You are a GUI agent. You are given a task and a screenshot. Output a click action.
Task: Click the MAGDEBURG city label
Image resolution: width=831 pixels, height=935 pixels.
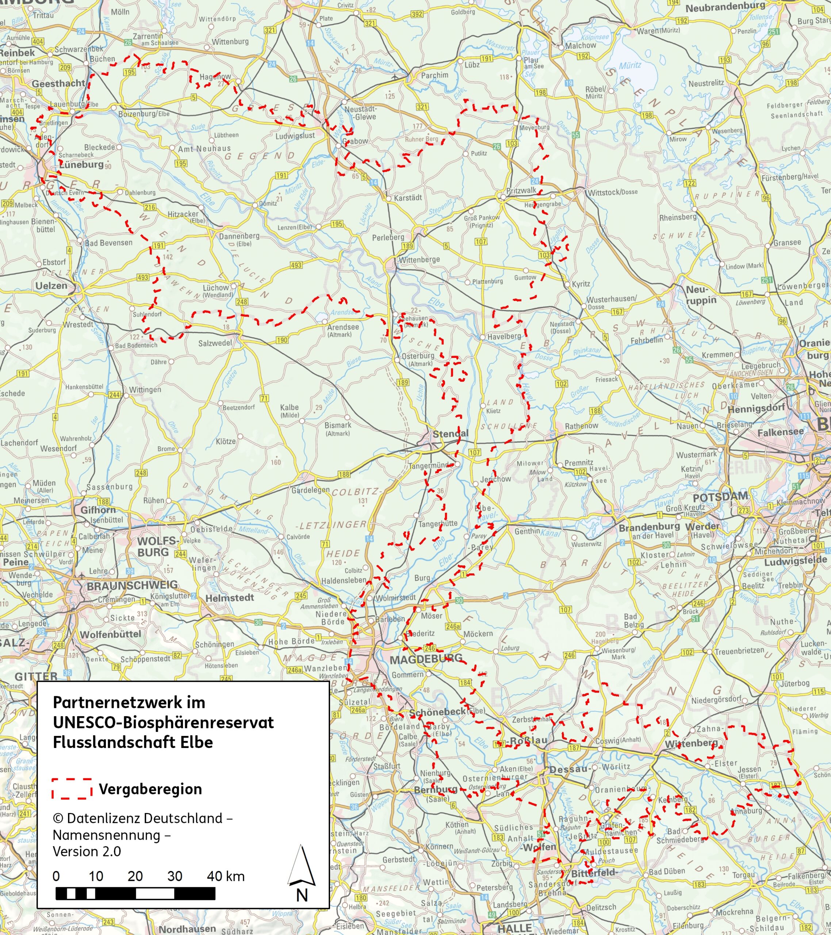[426, 659]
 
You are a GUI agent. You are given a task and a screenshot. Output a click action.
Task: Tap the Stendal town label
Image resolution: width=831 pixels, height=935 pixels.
[450, 433]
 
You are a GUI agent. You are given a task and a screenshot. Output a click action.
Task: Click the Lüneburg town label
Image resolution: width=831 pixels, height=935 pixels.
[81, 164]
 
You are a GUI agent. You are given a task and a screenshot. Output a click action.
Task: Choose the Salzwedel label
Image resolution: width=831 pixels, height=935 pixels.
[215, 343]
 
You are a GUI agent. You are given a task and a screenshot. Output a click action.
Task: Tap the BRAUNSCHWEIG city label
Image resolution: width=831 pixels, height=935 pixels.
[132, 585]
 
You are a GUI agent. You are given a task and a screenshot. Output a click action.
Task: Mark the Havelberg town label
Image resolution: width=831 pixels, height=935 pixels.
[504, 336]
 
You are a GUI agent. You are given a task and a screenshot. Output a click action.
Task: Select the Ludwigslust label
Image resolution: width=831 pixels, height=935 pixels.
[295, 136]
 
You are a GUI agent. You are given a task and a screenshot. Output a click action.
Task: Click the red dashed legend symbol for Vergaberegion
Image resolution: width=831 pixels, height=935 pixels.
[72, 789]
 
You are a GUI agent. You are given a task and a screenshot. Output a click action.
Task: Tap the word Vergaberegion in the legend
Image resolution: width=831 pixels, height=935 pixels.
[150, 789]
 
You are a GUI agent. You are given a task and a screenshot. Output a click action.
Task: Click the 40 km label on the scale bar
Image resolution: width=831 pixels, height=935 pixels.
[226, 877]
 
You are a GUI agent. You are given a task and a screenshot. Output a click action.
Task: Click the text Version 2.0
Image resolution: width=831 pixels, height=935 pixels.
[87, 851]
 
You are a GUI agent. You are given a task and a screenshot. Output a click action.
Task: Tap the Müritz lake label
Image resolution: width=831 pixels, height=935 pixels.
[630, 66]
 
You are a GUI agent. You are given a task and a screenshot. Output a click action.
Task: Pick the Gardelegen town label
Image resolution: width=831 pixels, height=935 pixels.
[311, 490]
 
